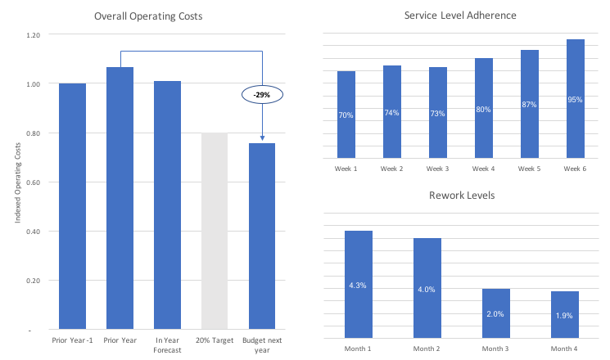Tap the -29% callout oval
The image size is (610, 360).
coord(262,95)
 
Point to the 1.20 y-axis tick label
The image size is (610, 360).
coord(33,35)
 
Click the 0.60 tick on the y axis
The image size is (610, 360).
coord(33,182)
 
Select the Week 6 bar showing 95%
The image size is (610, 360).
coord(576,98)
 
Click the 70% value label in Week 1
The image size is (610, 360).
coord(346,115)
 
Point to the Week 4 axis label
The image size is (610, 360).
coord(484,169)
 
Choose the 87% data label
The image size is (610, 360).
coord(529,105)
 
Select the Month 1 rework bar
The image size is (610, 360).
coord(358,284)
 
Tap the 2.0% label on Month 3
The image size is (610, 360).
coord(495,313)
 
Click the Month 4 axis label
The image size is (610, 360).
coord(564,349)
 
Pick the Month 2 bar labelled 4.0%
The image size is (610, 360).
coord(427,288)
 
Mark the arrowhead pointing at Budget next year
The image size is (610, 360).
coord(262,140)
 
